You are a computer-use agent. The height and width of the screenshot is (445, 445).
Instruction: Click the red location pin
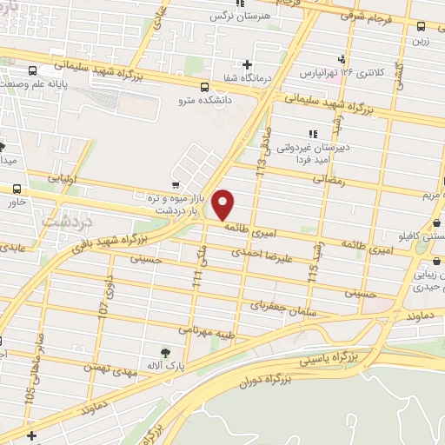223,205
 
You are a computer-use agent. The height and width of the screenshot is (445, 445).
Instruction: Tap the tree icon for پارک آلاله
165,352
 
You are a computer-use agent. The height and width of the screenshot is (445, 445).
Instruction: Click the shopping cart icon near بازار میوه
176,185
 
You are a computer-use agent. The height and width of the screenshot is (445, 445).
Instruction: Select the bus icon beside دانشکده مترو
204,87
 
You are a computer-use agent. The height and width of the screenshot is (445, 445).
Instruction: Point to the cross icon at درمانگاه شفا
248,64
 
